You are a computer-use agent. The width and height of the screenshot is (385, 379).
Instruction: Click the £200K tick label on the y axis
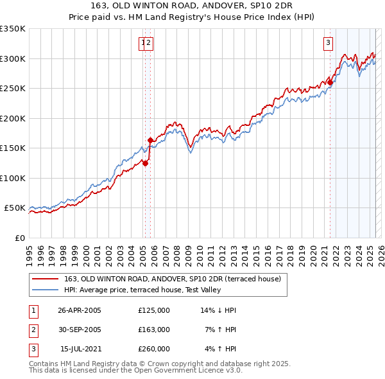[x=12, y=118]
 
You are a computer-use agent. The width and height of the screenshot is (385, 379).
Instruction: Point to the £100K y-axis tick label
[x=12, y=178]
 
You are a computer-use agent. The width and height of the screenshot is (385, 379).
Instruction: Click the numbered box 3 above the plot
[x=328, y=43]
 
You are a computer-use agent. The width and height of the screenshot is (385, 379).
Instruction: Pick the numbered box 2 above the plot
[x=148, y=43]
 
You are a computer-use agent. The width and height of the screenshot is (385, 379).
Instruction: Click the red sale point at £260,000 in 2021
[x=330, y=82]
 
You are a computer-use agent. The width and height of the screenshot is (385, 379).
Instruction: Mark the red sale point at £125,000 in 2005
[x=146, y=163]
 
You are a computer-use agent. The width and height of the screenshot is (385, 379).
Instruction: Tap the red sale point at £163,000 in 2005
[x=150, y=140]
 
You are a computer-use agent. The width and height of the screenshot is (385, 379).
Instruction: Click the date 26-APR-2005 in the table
[x=80, y=310]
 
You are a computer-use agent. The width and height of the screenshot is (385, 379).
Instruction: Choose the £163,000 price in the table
[x=154, y=330]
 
